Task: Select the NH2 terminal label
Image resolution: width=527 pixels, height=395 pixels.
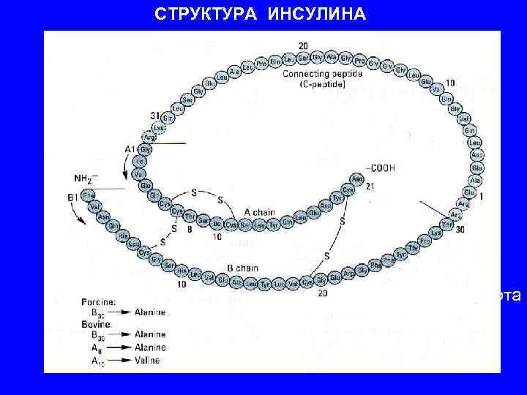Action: [86, 178]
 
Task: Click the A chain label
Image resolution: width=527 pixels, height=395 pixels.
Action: [260, 213]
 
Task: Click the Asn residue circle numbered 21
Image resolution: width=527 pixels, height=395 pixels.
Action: [358, 178]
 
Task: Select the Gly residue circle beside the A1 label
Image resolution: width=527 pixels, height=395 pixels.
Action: [145, 149]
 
